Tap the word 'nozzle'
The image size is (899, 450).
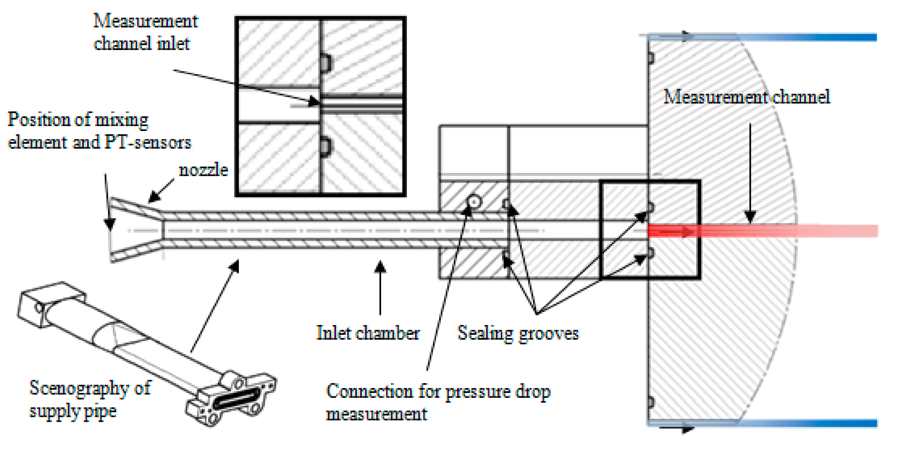click(x=203, y=170)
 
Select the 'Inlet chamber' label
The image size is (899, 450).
click(x=368, y=333)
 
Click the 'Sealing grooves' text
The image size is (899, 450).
click(x=518, y=333)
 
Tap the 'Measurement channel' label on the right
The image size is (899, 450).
click(x=746, y=97)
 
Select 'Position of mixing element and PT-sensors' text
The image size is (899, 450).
click(x=99, y=131)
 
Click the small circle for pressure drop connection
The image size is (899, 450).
click(x=474, y=202)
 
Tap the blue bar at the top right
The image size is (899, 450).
click(x=803, y=37)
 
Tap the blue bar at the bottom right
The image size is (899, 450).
click(x=803, y=423)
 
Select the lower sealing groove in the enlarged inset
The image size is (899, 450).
click(x=326, y=147)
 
